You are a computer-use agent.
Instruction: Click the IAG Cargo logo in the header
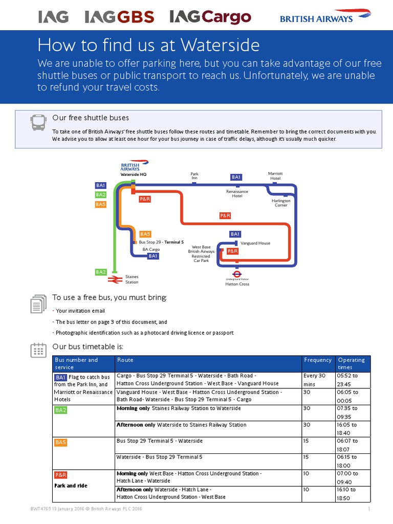[210, 17]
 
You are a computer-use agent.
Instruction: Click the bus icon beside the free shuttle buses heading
[38, 122]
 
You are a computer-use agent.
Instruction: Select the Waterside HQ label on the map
[133, 174]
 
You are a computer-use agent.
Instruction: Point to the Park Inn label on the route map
[194, 176]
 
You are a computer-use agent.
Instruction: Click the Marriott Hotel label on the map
[275, 176]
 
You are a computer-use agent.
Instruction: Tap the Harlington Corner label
[281, 203]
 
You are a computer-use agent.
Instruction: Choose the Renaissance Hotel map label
[237, 193]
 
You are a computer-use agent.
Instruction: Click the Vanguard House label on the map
[255, 243]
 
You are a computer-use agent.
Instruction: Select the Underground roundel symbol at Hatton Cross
[236, 274]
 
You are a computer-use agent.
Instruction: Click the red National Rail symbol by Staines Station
[114, 279]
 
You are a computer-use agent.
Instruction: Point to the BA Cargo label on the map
[151, 250]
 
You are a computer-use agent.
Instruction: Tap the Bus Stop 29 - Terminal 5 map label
[161, 242]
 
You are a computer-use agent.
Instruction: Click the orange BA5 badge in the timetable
[61, 442]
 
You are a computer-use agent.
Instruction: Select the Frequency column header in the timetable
[317, 360]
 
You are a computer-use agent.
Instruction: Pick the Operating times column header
[351, 363]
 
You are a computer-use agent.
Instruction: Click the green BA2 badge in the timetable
[61, 410]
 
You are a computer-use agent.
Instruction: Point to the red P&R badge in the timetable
[61, 475]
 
